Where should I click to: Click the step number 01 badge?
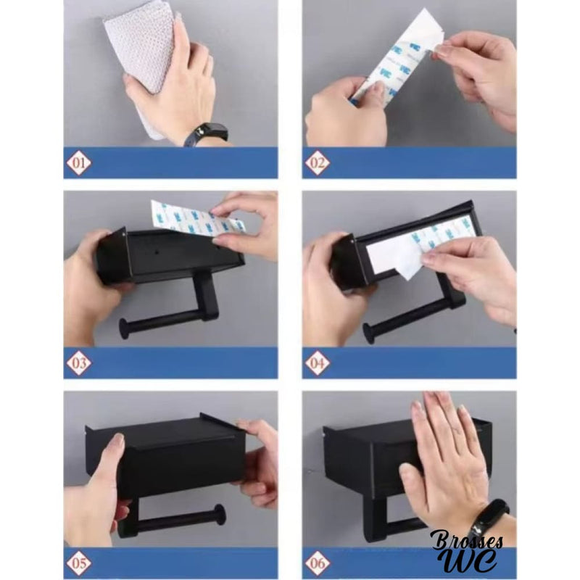(x=78, y=163)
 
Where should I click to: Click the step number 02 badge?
(x=317, y=163)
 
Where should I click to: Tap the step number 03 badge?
(x=78, y=362)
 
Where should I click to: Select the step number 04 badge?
(x=317, y=362)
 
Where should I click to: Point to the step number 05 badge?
(x=78, y=562)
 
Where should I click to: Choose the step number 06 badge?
(x=317, y=562)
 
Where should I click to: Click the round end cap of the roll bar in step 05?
(x=217, y=516)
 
